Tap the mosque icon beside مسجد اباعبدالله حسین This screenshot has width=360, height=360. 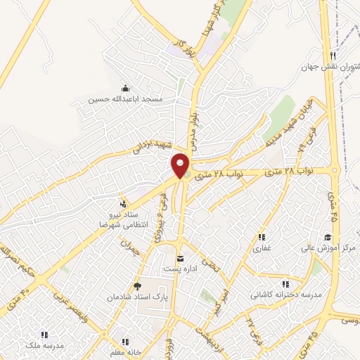pyautogui.click(x=125, y=88)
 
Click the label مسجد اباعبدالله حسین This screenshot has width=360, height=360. pyautogui.click(x=125, y=100)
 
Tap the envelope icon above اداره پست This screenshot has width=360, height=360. pyautogui.click(x=181, y=258)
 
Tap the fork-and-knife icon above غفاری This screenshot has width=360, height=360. pyautogui.click(x=262, y=237)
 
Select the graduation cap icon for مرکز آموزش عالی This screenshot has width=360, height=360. pyautogui.click(x=327, y=237)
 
